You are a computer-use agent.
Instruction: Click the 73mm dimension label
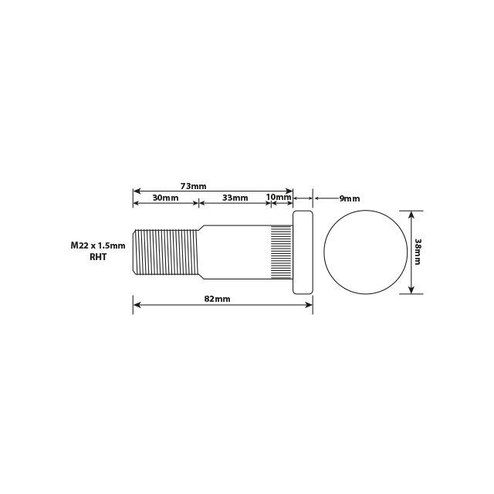coord(193,186)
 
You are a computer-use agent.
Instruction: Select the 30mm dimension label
coord(165,198)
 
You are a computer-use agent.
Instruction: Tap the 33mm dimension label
coord(235,198)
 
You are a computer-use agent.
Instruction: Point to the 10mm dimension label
coord(279,197)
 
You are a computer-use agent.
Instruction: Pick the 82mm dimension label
coord(217,299)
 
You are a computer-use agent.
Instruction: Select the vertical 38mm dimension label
coord(418,252)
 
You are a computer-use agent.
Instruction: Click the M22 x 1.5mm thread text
coord(97,245)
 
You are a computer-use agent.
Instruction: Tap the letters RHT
coord(97,257)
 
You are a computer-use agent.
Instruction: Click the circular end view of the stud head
coord(365,252)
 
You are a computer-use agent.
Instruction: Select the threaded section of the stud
coord(166,252)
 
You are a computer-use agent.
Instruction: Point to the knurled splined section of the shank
coord(281,252)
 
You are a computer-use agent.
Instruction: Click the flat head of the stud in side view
coord(303,252)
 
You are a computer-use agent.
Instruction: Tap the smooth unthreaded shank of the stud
coord(235,252)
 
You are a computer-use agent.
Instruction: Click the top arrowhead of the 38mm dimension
coord(411,214)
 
